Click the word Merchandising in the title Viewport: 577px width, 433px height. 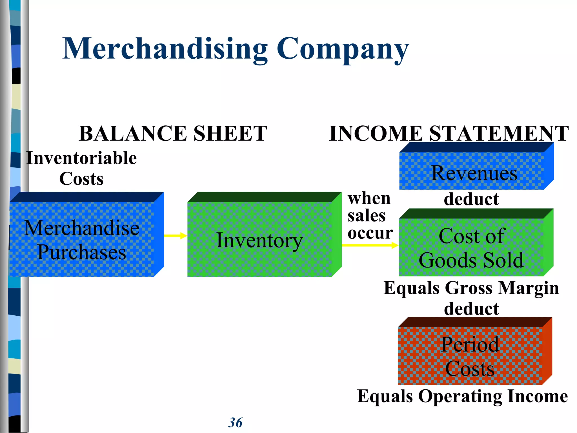pyautogui.click(x=165, y=48)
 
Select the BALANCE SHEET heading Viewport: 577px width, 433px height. pyautogui.click(x=173, y=133)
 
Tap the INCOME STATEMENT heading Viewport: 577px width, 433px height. pyautogui.click(x=449, y=133)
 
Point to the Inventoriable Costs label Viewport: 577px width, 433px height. pyautogui.click(x=81, y=168)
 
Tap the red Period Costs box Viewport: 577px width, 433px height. pyautogui.click(x=470, y=356)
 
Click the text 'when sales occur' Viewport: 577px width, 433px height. pyautogui.click(x=370, y=216)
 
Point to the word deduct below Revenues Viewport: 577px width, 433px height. pyautogui.click(x=471, y=199)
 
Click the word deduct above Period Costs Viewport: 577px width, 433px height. pyautogui.click(x=471, y=309)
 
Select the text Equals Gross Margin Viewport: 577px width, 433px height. pyautogui.click(x=471, y=288)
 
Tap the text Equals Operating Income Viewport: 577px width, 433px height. pyautogui.click(x=462, y=396)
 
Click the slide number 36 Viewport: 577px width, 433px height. pyautogui.click(x=235, y=423)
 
